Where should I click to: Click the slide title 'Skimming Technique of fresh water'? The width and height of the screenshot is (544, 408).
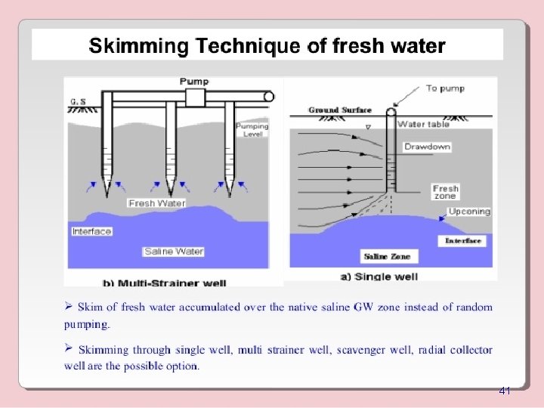(x=267, y=46)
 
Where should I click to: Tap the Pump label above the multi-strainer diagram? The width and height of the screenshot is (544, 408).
(x=195, y=81)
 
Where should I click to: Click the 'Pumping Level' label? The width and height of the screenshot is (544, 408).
(x=252, y=130)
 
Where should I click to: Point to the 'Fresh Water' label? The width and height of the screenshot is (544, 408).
(x=156, y=203)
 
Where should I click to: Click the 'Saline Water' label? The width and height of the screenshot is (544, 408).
(x=173, y=251)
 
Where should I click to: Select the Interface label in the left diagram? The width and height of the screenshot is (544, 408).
(x=91, y=231)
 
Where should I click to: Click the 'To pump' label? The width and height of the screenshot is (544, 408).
(x=446, y=88)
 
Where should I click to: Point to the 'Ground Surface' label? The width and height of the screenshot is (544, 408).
(x=340, y=110)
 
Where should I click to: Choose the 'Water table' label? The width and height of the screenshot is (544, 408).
(x=423, y=124)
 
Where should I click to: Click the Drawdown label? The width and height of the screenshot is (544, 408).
(x=427, y=147)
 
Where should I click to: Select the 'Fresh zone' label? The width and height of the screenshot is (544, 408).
(x=446, y=192)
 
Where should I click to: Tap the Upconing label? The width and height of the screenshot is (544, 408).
(x=469, y=212)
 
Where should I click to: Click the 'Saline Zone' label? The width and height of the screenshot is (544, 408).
(x=386, y=257)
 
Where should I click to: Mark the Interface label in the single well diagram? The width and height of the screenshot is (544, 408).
(x=463, y=241)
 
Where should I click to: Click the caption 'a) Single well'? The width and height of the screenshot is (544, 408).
(x=379, y=277)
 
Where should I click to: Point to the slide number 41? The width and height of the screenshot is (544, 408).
(x=505, y=391)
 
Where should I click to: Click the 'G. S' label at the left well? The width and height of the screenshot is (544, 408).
(x=76, y=99)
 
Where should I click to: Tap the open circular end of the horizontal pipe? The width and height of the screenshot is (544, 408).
(x=268, y=97)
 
